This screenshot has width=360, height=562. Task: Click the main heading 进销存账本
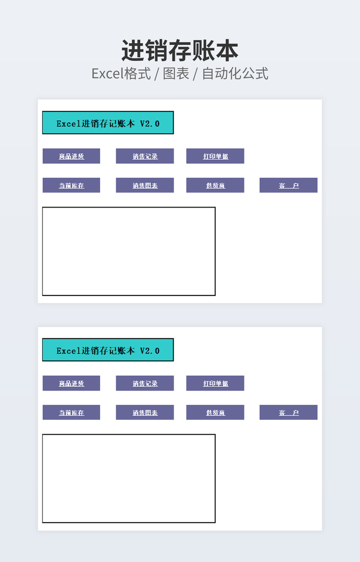pos(179,51)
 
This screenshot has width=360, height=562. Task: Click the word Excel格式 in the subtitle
pos(121,73)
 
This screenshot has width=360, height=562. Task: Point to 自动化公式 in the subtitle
pos(235,73)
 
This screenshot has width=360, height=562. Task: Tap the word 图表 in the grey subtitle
pos(176,73)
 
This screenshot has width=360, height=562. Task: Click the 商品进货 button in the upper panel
pos(71,156)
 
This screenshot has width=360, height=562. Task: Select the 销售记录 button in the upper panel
pos(145,156)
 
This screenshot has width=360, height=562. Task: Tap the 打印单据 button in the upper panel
pos(215,156)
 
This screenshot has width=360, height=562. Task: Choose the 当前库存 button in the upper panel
pos(71,185)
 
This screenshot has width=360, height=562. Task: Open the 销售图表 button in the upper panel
pos(145,185)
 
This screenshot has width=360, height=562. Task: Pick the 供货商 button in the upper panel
pos(215,185)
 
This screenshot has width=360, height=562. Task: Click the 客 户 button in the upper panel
pos(288,185)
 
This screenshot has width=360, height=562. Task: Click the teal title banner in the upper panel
pos(108,123)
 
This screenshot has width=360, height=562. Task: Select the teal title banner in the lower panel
pos(108,350)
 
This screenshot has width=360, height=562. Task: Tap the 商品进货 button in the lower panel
pos(71,383)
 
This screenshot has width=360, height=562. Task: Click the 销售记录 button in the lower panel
pos(145,383)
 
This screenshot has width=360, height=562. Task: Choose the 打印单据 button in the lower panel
pos(215,383)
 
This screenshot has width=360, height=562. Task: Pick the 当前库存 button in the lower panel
pos(71,412)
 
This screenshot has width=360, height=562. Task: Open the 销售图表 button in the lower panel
pos(145,412)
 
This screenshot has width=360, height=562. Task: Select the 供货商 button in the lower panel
pos(215,412)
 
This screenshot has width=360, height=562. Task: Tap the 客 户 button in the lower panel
pos(288,412)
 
